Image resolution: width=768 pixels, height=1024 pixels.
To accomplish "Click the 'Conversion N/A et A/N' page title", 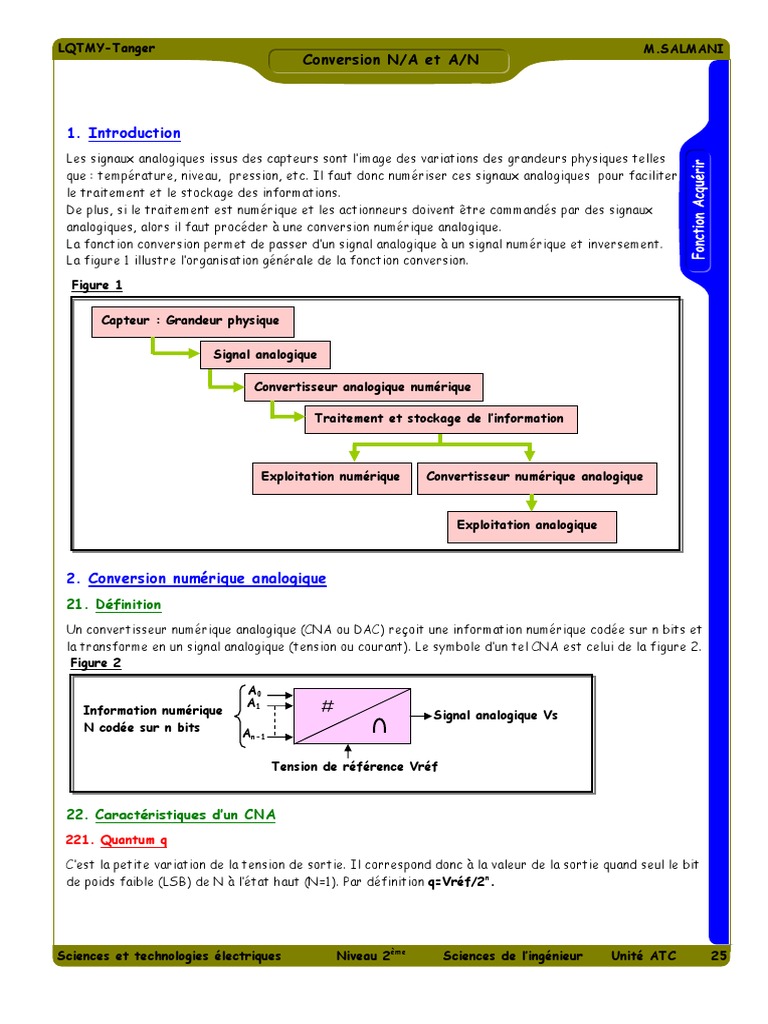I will pyautogui.click(x=391, y=60).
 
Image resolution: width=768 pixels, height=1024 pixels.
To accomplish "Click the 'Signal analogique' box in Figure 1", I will pyautogui.click(x=265, y=355).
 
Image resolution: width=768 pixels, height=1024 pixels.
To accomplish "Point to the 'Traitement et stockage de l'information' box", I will pyautogui.click(x=440, y=419).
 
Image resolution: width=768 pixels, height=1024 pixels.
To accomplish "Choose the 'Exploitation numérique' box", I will pyautogui.click(x=330, y=477).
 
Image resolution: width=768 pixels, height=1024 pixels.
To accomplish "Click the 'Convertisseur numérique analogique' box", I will pyautogui.click(x=536, y=477).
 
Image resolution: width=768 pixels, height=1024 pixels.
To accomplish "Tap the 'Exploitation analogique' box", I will pyautogui.click(x=527, y=525).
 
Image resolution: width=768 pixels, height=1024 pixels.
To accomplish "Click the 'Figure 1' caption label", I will pyautogui.click(x=97, y=285).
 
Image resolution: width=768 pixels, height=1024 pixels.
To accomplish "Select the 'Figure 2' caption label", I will pyautogui.click(x=96, y=663).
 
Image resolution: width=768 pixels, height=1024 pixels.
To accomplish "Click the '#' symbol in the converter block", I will pyautogui.click(x=327, y=707).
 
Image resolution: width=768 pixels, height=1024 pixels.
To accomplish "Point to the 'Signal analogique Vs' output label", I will pyautogui.click(x=495, y=715).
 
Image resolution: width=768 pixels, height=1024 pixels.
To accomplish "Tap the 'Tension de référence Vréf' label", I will pyautogui.click(x=355, y=767).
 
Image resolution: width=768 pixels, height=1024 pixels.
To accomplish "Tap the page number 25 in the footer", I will pyautogui.click(x=718, y=956).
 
